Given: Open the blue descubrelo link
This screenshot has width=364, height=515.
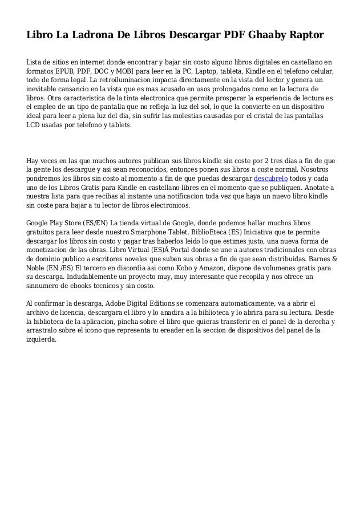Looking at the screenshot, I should click(x=270, y=179).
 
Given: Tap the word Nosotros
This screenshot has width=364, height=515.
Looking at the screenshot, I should click(x=316, y=169).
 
